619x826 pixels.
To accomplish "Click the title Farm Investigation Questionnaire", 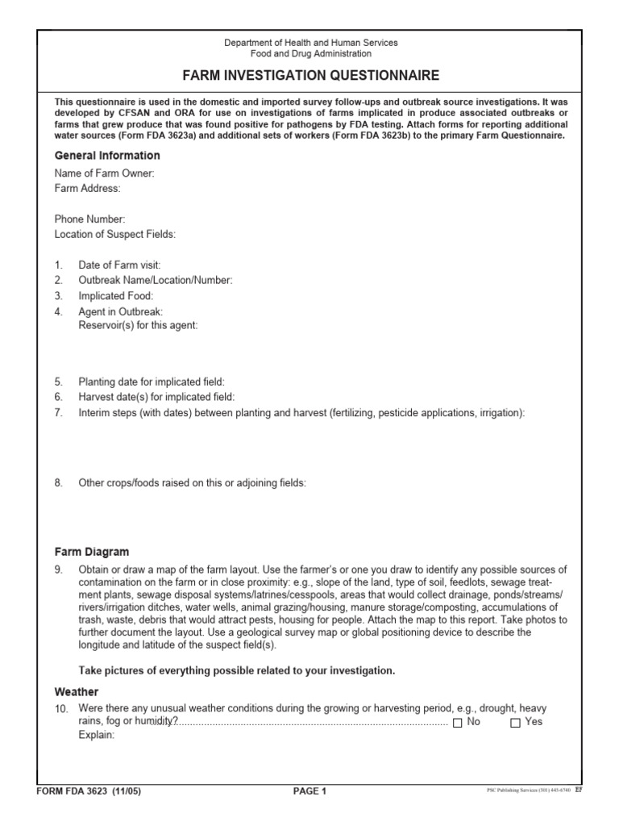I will (309, 75).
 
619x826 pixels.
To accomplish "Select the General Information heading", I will (107, 156).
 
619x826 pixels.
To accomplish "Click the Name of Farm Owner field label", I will (104, 173).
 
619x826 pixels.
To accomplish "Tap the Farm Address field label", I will (87, 188).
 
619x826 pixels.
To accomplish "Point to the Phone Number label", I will (89, 219).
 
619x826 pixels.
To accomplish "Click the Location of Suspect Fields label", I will (114, 234).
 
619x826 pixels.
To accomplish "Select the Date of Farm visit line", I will (119, 265).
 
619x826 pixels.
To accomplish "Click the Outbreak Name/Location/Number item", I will (155, 281).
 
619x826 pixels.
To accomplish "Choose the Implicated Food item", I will (115, 296).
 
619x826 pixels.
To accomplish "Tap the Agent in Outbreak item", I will (120, 311).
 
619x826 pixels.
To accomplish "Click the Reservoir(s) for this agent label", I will (137, 325).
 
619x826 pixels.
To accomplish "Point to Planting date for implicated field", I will (151, 382).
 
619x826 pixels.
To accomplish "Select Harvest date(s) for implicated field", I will (156, 397).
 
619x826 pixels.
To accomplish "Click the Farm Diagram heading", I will (91, 553).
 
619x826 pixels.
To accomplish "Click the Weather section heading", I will (77, 692).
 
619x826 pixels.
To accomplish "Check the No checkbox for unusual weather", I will (458, 723).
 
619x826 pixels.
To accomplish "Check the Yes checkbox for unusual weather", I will (516, 723).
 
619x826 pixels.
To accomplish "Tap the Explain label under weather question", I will (97, 736).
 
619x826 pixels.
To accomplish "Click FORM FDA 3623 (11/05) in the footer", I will (89, 791).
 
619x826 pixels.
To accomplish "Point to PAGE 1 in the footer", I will (309, 791).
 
